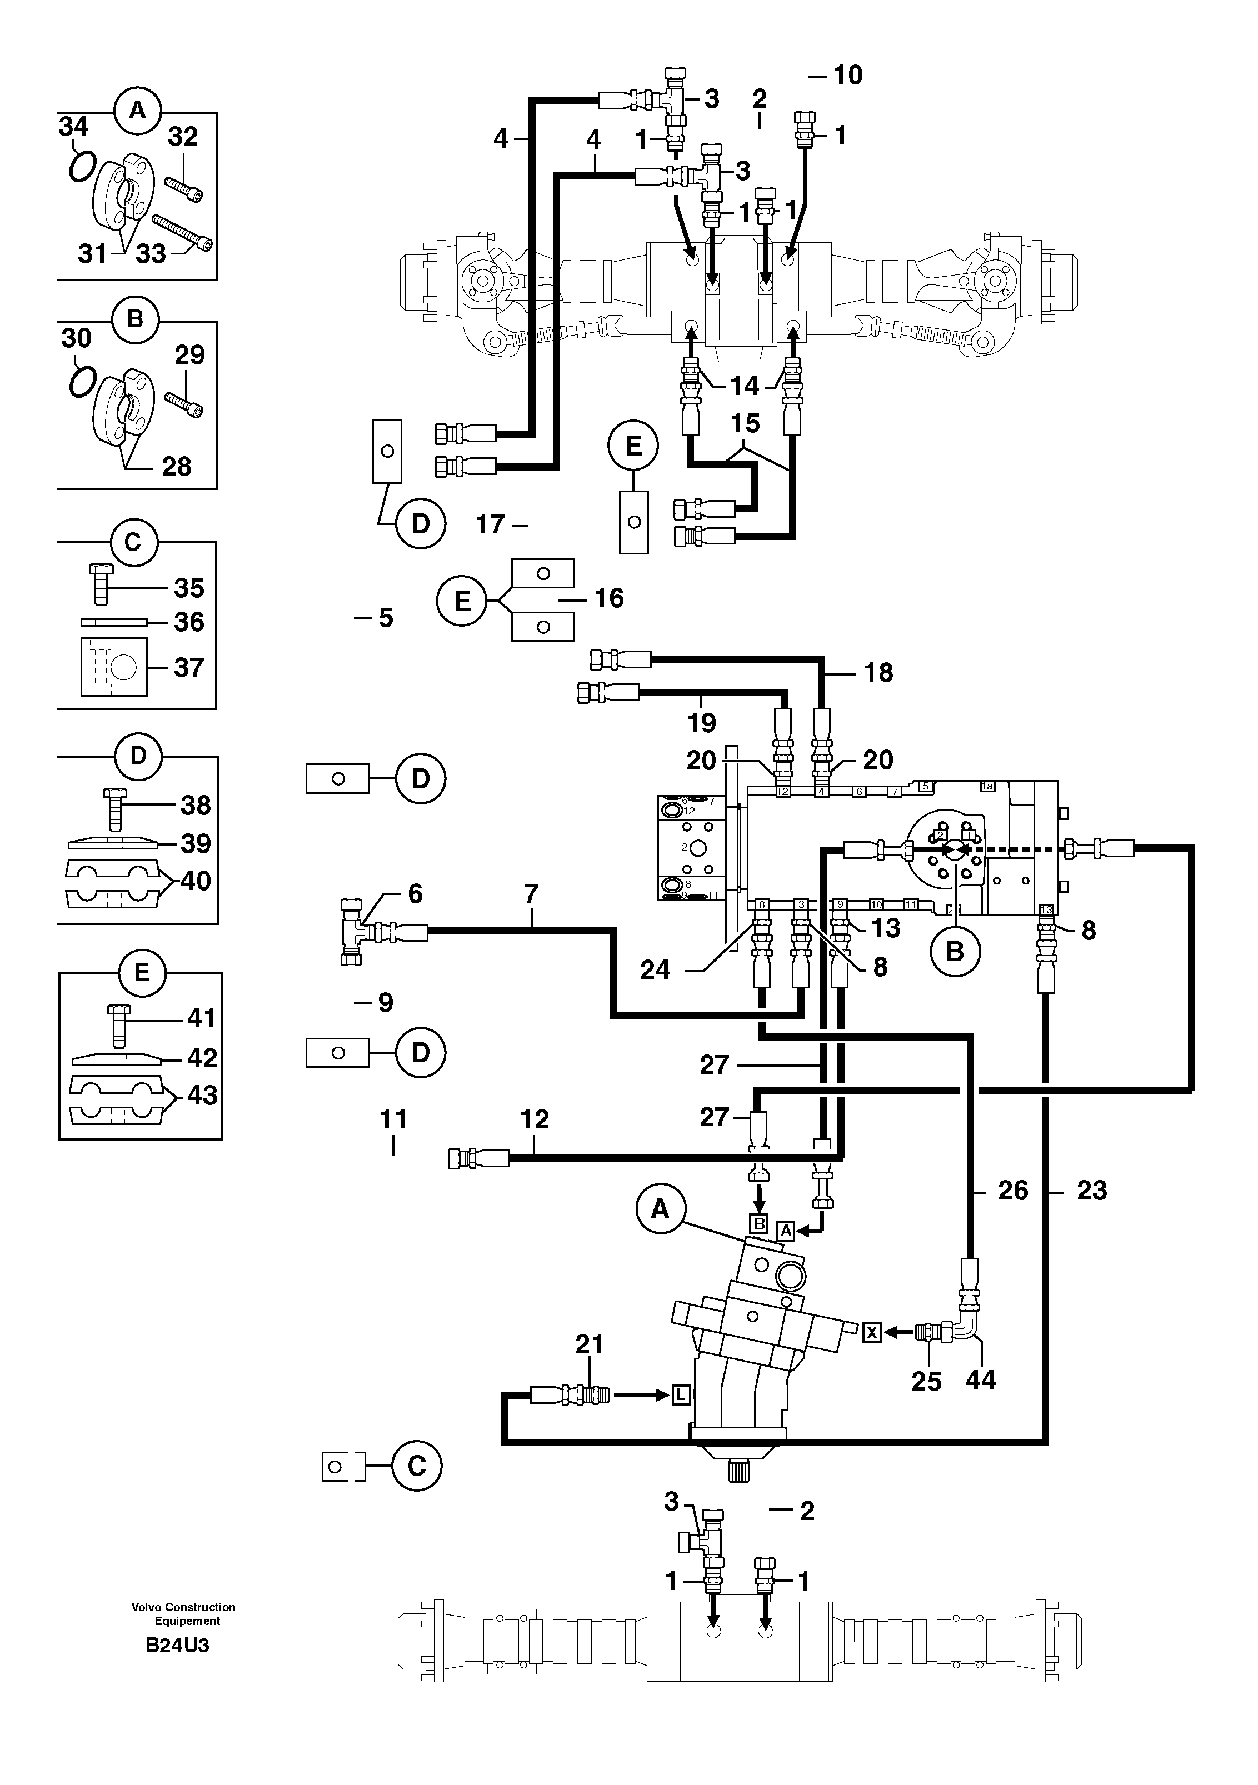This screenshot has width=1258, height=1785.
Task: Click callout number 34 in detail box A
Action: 73,126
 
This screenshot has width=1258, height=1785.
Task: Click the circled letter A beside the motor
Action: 660,1209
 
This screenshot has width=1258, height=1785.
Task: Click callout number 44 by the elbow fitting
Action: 980,1380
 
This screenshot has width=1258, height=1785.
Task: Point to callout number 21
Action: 590,1344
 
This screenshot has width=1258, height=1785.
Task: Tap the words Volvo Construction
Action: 183,1607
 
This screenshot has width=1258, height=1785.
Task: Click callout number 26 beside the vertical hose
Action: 1012,1190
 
